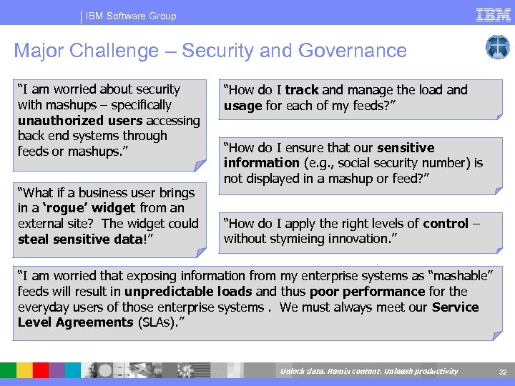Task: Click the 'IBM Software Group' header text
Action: coord(131,16)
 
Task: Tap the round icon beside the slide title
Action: coord(497,48)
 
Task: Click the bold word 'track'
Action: coord(302,90)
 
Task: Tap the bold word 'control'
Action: coord(446,223)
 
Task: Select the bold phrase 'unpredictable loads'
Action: coord(188,292)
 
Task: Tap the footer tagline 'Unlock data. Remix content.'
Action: coord(336,371)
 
